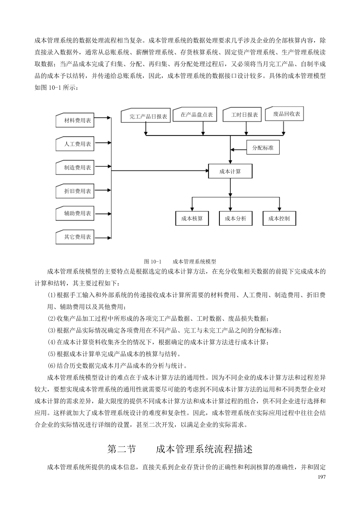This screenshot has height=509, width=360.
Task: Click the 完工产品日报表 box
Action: tap(146, 116)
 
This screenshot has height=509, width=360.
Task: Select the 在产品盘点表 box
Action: tap(195, 115)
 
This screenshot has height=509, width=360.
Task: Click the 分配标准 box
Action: tap(263, 148)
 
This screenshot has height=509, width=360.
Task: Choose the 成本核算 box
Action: tap(192, 219)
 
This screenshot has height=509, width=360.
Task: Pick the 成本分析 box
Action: tap(236, 219)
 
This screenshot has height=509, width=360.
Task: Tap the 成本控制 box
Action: tap(279, 219)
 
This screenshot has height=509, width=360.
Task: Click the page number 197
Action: tap(322, 476)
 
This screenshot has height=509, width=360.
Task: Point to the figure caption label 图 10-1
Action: tap(153, 262)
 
